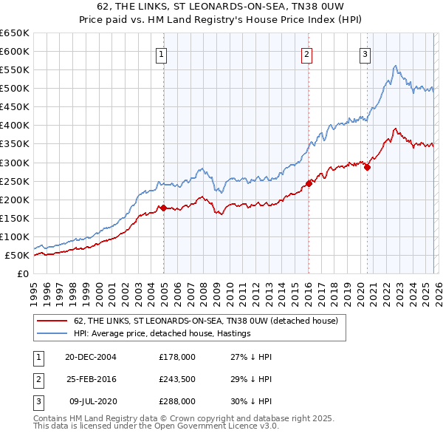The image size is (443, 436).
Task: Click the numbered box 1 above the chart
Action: pyautogui.click(x=161, y=53)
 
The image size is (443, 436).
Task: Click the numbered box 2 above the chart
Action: pyautogui.click(x=306, y=53)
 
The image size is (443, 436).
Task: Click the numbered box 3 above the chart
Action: pyautogui.click(x=365, y=53)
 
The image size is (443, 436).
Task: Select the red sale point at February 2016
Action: pyautogui.click(x=309, y=183)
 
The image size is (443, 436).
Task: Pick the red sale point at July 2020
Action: pyautogui.click(x=367, y=167)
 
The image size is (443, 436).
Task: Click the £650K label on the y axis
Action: pyautogui.click(x=15, y=33)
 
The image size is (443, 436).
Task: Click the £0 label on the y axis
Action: pyautogui.click(x=22, y=274)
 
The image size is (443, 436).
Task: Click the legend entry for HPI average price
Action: pyautogui.click(x=162, y=334)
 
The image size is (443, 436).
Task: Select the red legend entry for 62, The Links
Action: pyautogui.click(x=205, y=321)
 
